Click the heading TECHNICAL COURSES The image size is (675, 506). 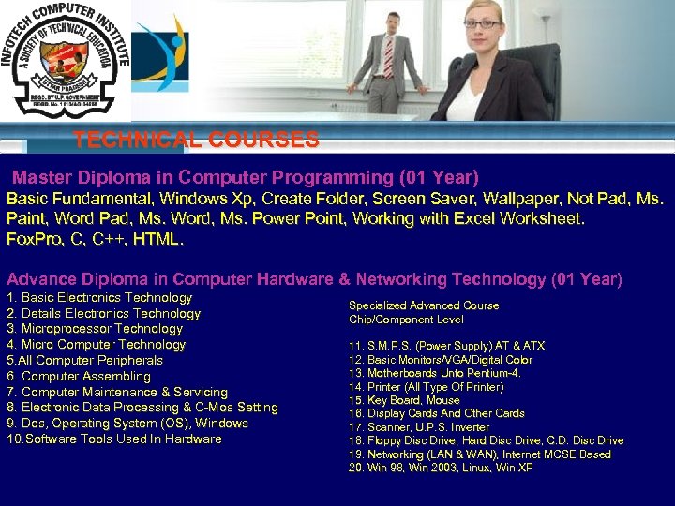click(196, 141)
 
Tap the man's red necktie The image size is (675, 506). click(388, 56)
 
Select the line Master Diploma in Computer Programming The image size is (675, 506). click(246, 177)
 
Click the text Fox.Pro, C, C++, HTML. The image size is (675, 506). click(96, 239)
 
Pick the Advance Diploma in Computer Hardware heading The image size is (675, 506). click(314, 279)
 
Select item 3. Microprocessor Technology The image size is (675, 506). click(95, 329)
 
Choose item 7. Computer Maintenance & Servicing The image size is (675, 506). click(117, 392)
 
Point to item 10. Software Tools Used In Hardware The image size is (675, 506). click(114, 439)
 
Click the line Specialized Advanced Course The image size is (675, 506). click(424, 305)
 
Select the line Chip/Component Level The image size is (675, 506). click(406, 320)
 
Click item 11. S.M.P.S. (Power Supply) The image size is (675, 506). click(446, 346)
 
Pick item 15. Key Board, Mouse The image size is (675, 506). click(404, 400)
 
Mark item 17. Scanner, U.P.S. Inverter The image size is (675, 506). click(419, 427)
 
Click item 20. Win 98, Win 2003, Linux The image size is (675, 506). click(441, 468)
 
